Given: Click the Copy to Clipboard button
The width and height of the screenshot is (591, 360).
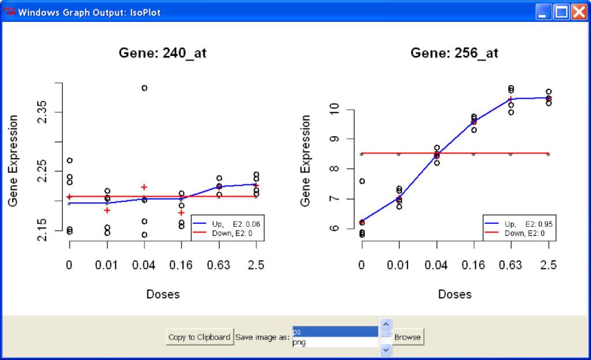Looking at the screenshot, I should click(200, 337).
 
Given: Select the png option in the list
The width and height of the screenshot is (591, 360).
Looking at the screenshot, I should click(335, 342).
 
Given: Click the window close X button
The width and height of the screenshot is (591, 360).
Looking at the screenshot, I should click(579, 12).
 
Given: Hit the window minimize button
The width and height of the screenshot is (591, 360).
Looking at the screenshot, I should click(544, 12).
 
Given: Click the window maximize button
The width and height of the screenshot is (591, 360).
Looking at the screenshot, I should click(561, 12).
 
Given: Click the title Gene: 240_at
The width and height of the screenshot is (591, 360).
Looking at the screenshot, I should click(163, 53).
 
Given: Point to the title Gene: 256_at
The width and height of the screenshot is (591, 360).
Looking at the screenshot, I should click(454, 53).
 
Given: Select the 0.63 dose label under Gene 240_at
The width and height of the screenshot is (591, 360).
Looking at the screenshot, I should click(219, 265).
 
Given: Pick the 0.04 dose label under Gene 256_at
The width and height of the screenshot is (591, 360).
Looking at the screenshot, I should click(436, 265).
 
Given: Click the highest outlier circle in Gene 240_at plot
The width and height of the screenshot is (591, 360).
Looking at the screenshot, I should click(144, 88).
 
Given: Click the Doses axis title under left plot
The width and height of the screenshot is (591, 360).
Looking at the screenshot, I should click(163, 294).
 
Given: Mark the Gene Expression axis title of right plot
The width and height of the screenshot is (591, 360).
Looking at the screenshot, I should click(305, 160).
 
